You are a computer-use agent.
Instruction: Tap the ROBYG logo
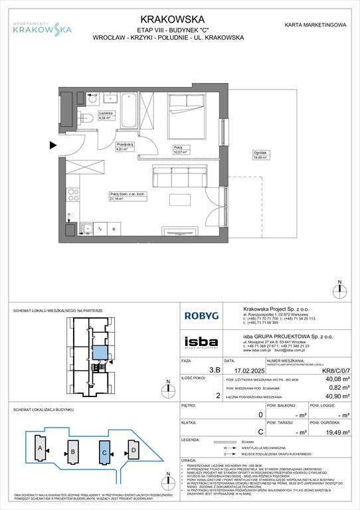pyautogui.click(x=204, y=317)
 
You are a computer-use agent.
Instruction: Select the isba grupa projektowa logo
pyautogui.click(x=203, y=342)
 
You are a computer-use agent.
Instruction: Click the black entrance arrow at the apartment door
pyautogui.click(x=53, y=143)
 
